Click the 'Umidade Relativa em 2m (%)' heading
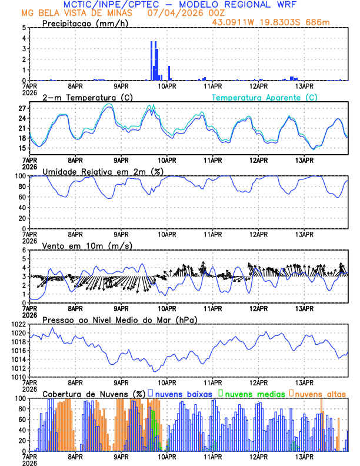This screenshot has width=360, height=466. pyautogui.click(x=101, y=171)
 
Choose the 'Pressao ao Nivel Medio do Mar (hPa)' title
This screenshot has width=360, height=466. pyautogui.click(x=119, y=319)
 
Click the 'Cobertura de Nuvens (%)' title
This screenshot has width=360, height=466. pyautogui.click(x=94, y=394)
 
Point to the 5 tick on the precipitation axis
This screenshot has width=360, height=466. pyautogui.click(x=24, y=28)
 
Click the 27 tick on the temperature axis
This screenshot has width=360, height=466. pyautogui.click(x=22, y=109)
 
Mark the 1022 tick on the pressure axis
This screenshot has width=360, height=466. pyautogui.click(x=18, y=324)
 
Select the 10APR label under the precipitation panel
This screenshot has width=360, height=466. pyautogui.click(x=166, y=85)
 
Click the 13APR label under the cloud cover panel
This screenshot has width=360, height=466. pyautogui.click(x=304, y=456)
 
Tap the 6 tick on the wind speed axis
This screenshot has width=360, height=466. pyautogui.click(x=24, y=250)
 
